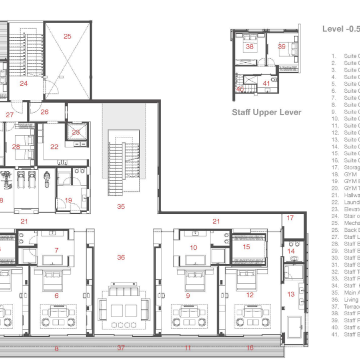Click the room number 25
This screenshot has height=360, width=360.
point(67,37)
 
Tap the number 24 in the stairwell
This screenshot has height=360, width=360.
point(23,83)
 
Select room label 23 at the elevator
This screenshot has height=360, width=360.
point(76,132)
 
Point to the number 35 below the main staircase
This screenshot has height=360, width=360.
point(121,207)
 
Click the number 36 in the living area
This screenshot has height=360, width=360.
point(121,257)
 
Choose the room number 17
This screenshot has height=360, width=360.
point(290,218)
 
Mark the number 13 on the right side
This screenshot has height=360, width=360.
point(290,294)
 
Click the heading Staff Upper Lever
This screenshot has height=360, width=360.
point(267,112)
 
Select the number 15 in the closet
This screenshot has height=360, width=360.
point(246,247)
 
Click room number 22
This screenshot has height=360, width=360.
point(54,146)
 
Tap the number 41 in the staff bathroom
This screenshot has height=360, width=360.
point(266,83)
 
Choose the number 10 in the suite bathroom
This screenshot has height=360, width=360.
point(193,248)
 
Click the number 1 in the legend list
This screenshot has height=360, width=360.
point(333,56)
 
